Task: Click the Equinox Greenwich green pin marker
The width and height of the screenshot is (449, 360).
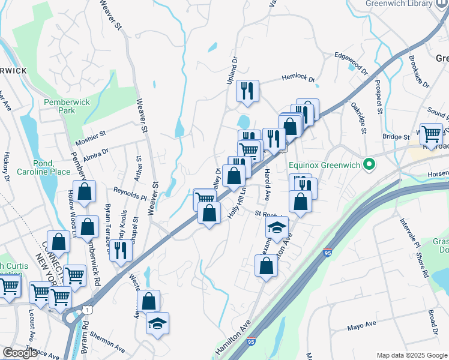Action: coord(370,164)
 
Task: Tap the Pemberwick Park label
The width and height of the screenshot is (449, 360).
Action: coord(67,106)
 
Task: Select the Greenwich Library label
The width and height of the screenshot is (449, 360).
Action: coord(398,4)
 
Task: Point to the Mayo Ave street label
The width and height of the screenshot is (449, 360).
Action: coord(361,326)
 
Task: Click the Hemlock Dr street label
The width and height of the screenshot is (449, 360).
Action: coord(299,78)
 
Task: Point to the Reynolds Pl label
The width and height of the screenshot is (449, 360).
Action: coord(130,193)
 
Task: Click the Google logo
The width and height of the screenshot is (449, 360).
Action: coord(19,353)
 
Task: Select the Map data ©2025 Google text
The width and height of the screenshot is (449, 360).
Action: coord(412,355)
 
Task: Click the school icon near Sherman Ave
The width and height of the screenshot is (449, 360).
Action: coord(157,324)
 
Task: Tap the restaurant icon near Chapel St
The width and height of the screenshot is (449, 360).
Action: coord(121,251)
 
